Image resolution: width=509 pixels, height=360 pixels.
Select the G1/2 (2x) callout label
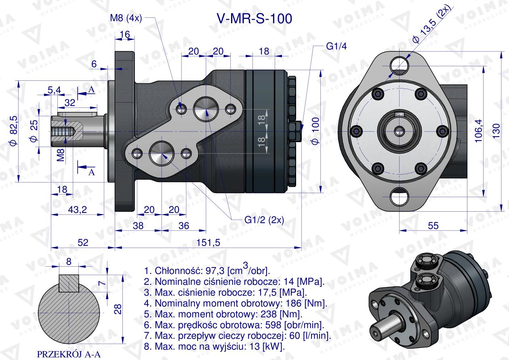264,220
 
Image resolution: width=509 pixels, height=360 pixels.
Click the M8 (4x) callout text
125,19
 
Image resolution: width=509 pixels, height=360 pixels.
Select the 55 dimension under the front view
433,225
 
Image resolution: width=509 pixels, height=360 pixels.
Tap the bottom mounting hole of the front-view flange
400,197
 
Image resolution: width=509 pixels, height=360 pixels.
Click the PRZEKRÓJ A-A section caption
69,354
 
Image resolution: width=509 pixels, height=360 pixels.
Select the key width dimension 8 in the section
69,261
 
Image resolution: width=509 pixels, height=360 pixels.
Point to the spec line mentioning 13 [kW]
215,346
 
